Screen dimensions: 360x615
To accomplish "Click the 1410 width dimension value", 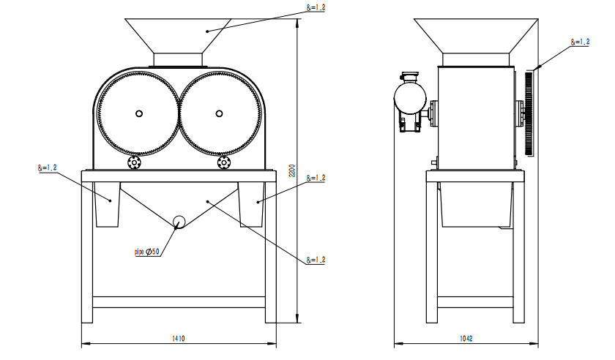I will click(178, 338).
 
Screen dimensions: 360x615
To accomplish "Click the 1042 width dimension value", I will click(467, 338).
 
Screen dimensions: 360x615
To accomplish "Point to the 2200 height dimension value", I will click(291, 171).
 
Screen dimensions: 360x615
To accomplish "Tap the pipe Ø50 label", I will click(146, 252).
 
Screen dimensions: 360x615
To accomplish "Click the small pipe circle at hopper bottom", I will click(179, 222).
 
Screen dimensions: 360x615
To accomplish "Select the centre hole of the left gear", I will click(138, 113).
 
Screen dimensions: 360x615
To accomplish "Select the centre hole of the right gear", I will click(219, 113).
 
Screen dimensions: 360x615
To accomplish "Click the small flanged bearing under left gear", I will click(134, 162).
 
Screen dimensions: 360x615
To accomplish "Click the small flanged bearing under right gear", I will click(224, 162).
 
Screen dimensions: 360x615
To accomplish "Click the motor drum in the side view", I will click(409, 96).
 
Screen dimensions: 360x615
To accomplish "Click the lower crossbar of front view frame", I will click(178, 301).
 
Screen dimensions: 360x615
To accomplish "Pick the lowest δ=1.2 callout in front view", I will click(316, 260).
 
